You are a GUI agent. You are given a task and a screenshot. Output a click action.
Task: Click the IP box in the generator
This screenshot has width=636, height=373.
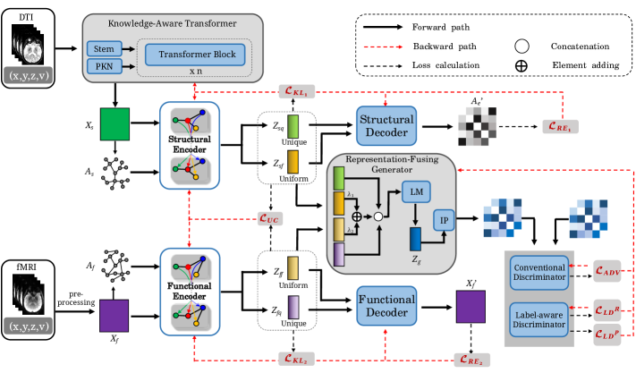tap(445, 220)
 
